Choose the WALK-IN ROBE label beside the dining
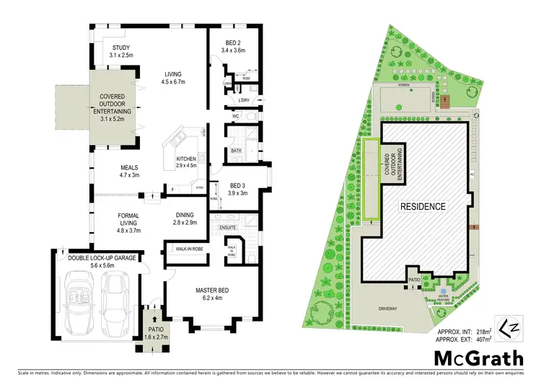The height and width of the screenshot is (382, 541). (x=185, y=249)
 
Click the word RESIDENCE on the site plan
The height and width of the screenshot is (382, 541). (x=423, y=207)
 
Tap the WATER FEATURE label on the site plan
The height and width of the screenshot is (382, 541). (x=443, y=297)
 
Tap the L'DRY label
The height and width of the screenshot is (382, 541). (x=244, y=99)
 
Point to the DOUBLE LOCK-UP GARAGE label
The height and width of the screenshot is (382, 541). (x=97, y=259)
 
